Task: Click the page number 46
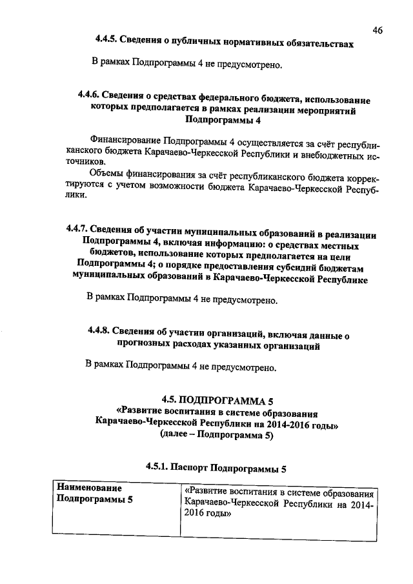378,30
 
